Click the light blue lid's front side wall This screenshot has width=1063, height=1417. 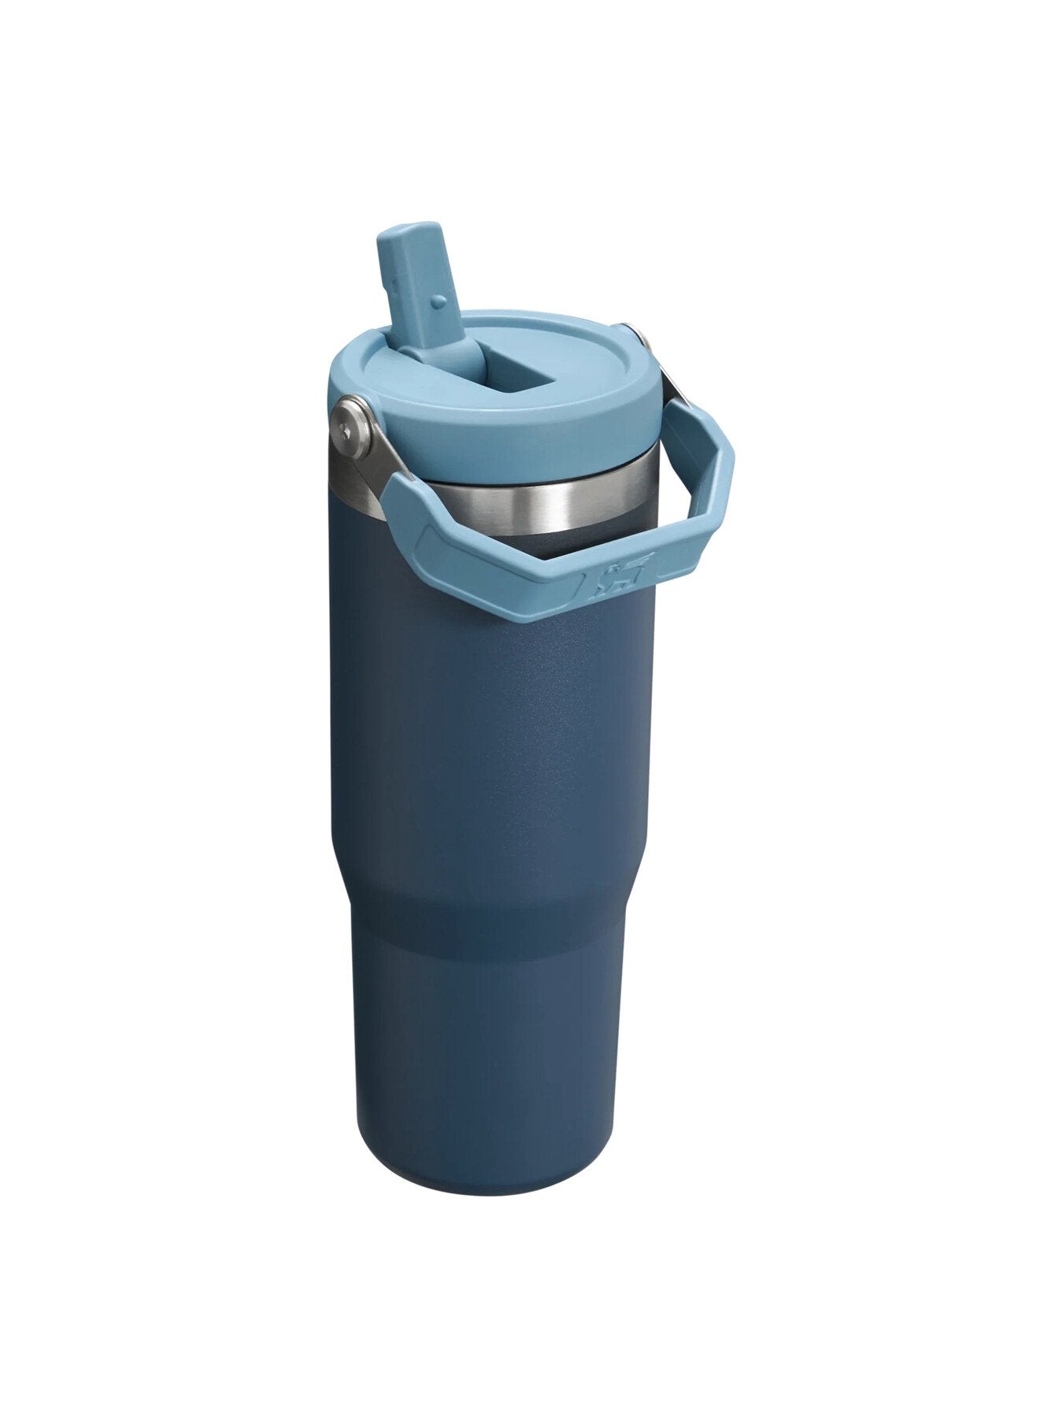(x=504, y=441)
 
